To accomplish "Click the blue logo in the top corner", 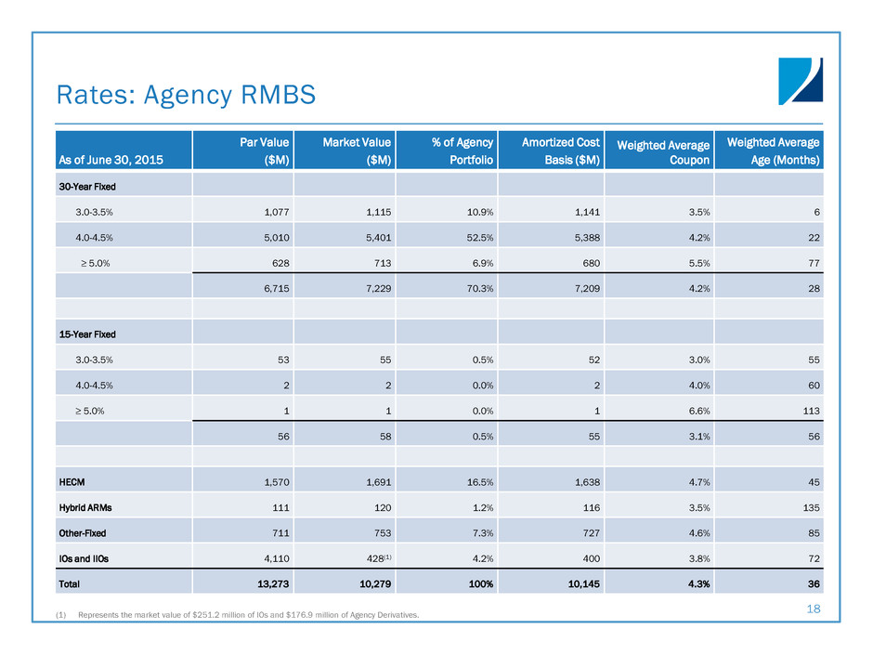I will [800, 81].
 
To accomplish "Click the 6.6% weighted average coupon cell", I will [697, 409].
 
